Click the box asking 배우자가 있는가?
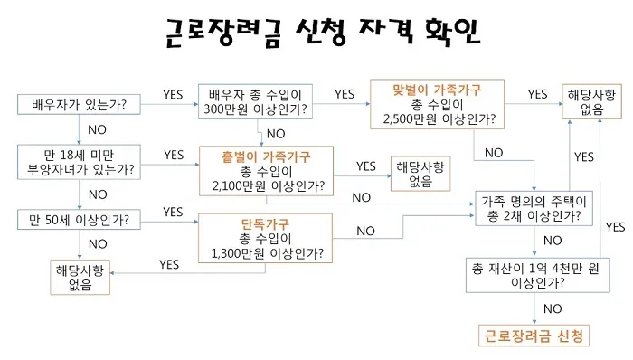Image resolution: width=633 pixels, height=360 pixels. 79,105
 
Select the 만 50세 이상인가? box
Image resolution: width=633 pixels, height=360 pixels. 79,220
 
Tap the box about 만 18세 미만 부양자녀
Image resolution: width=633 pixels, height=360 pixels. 79,162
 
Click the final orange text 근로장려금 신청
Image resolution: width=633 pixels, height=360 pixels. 533,336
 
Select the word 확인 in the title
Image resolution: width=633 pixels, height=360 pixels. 447,35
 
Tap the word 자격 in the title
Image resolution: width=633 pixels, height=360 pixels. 367,35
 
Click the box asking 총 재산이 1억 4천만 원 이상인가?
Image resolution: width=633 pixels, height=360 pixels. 531,275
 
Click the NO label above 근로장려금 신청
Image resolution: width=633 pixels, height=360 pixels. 552,308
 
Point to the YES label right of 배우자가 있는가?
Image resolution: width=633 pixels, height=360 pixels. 173,93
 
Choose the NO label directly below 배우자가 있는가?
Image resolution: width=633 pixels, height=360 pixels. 98,129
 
